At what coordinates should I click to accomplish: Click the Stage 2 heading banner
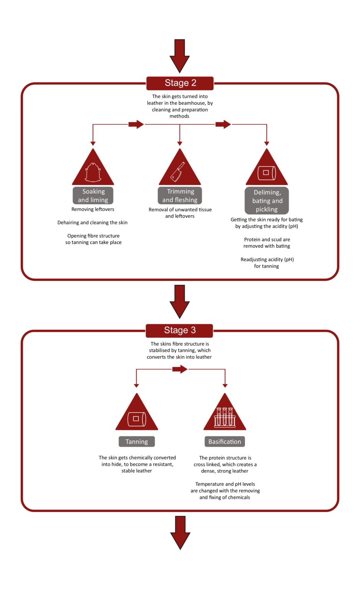tap(180, 83)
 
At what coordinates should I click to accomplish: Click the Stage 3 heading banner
tap(179, 330)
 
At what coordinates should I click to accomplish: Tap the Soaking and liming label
tap(93, 196)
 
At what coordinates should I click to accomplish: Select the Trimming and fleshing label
tap(180, 196)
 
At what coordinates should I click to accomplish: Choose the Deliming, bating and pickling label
tap(267, 201)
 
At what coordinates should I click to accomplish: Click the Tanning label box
tap(136, 442)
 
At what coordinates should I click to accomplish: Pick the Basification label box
tap(225, 442)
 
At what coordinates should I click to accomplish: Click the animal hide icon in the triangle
tap(93, 172)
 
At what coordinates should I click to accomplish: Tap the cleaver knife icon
tap(178, 171)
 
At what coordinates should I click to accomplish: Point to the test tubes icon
tap(225, 417)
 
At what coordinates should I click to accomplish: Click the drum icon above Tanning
tap(136, 419)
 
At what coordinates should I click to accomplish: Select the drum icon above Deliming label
tap(266, 173)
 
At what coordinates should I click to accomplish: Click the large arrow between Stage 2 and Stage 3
tap(179, 301)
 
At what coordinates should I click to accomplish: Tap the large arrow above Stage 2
tap(179, 55)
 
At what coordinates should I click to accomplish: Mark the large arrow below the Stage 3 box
tap(180, 532)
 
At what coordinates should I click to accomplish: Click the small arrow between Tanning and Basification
tap(179, 369)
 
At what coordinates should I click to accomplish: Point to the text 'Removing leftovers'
tap(93, 209)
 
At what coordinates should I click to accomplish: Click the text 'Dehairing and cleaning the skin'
tap(92, 222)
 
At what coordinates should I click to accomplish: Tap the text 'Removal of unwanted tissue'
tap(180, 210)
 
